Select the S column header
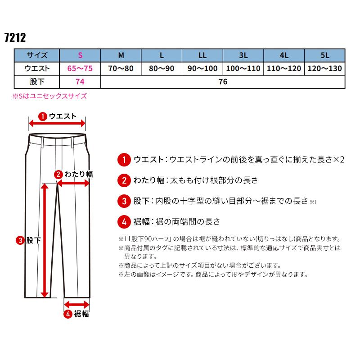(x=80, y=56)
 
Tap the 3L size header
(x=243, y=56)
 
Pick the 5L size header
(x=325, y=56)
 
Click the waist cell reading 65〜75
(x=80, y=69)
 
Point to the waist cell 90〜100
(x=202, y=69)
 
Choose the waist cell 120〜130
(x=325, y=69)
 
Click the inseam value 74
(x=80, y=82)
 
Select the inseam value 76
(x=223, y=82)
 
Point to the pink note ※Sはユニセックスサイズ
(x=49, y=96)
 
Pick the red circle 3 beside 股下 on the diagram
(x=21, y=240)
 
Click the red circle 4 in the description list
(x=123, y=221)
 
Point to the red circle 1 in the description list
(x=123, y=160)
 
